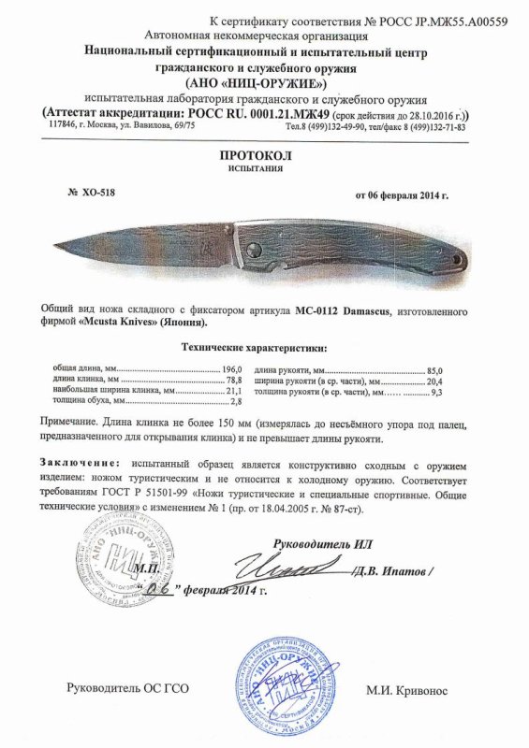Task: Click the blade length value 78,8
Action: tap(232, 380)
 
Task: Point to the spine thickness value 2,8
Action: tap(235, 401)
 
